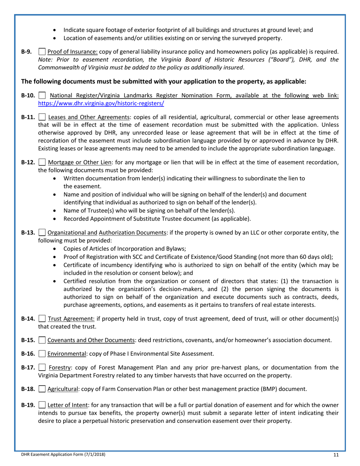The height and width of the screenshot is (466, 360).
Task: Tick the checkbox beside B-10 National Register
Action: (x=42, y=96)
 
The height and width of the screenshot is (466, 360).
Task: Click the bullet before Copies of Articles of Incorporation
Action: (x=56, y=249)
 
